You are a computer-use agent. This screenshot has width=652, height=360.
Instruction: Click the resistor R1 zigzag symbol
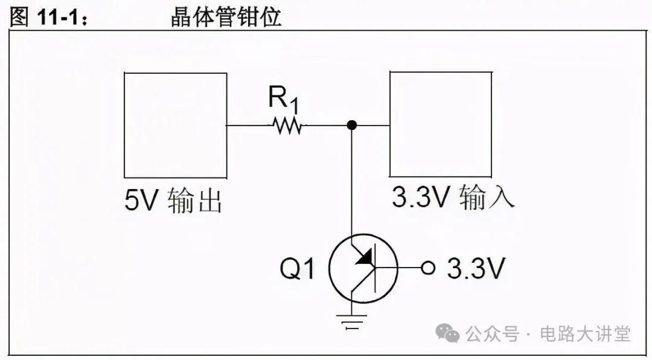pyautogui.click(x=287, y=126)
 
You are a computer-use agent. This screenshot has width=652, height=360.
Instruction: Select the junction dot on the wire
pyautogui.click(x=352, y=125)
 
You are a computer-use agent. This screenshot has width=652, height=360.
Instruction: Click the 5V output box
pyautogui.click(x=175, y=125)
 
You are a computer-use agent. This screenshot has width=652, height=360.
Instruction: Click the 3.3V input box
pyautogui.click(x=440, y=124)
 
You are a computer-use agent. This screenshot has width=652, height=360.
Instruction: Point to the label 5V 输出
pyautogui.click(x=174, y=201)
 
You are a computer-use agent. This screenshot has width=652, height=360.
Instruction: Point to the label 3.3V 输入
pyautogui.click(x=453, y=197)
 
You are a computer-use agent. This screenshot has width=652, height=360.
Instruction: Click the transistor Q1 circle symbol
pyautogui.click(x=363, y=269)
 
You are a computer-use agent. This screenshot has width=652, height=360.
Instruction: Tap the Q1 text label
pyautogui.click(x=298, y=269)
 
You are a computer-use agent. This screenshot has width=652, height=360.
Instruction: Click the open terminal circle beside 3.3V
pyautogui.click(x=428, y=268)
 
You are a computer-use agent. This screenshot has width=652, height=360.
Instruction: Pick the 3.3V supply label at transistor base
pyautogui.click(x=476, y=269)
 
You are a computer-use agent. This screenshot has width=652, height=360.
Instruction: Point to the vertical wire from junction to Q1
pyautogui.click(x=352, y=181)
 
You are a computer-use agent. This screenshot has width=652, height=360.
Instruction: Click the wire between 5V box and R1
pyautogui.click(x=248, y=126)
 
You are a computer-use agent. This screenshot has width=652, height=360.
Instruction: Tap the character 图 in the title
pyautogui.click(x=19, y=18)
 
